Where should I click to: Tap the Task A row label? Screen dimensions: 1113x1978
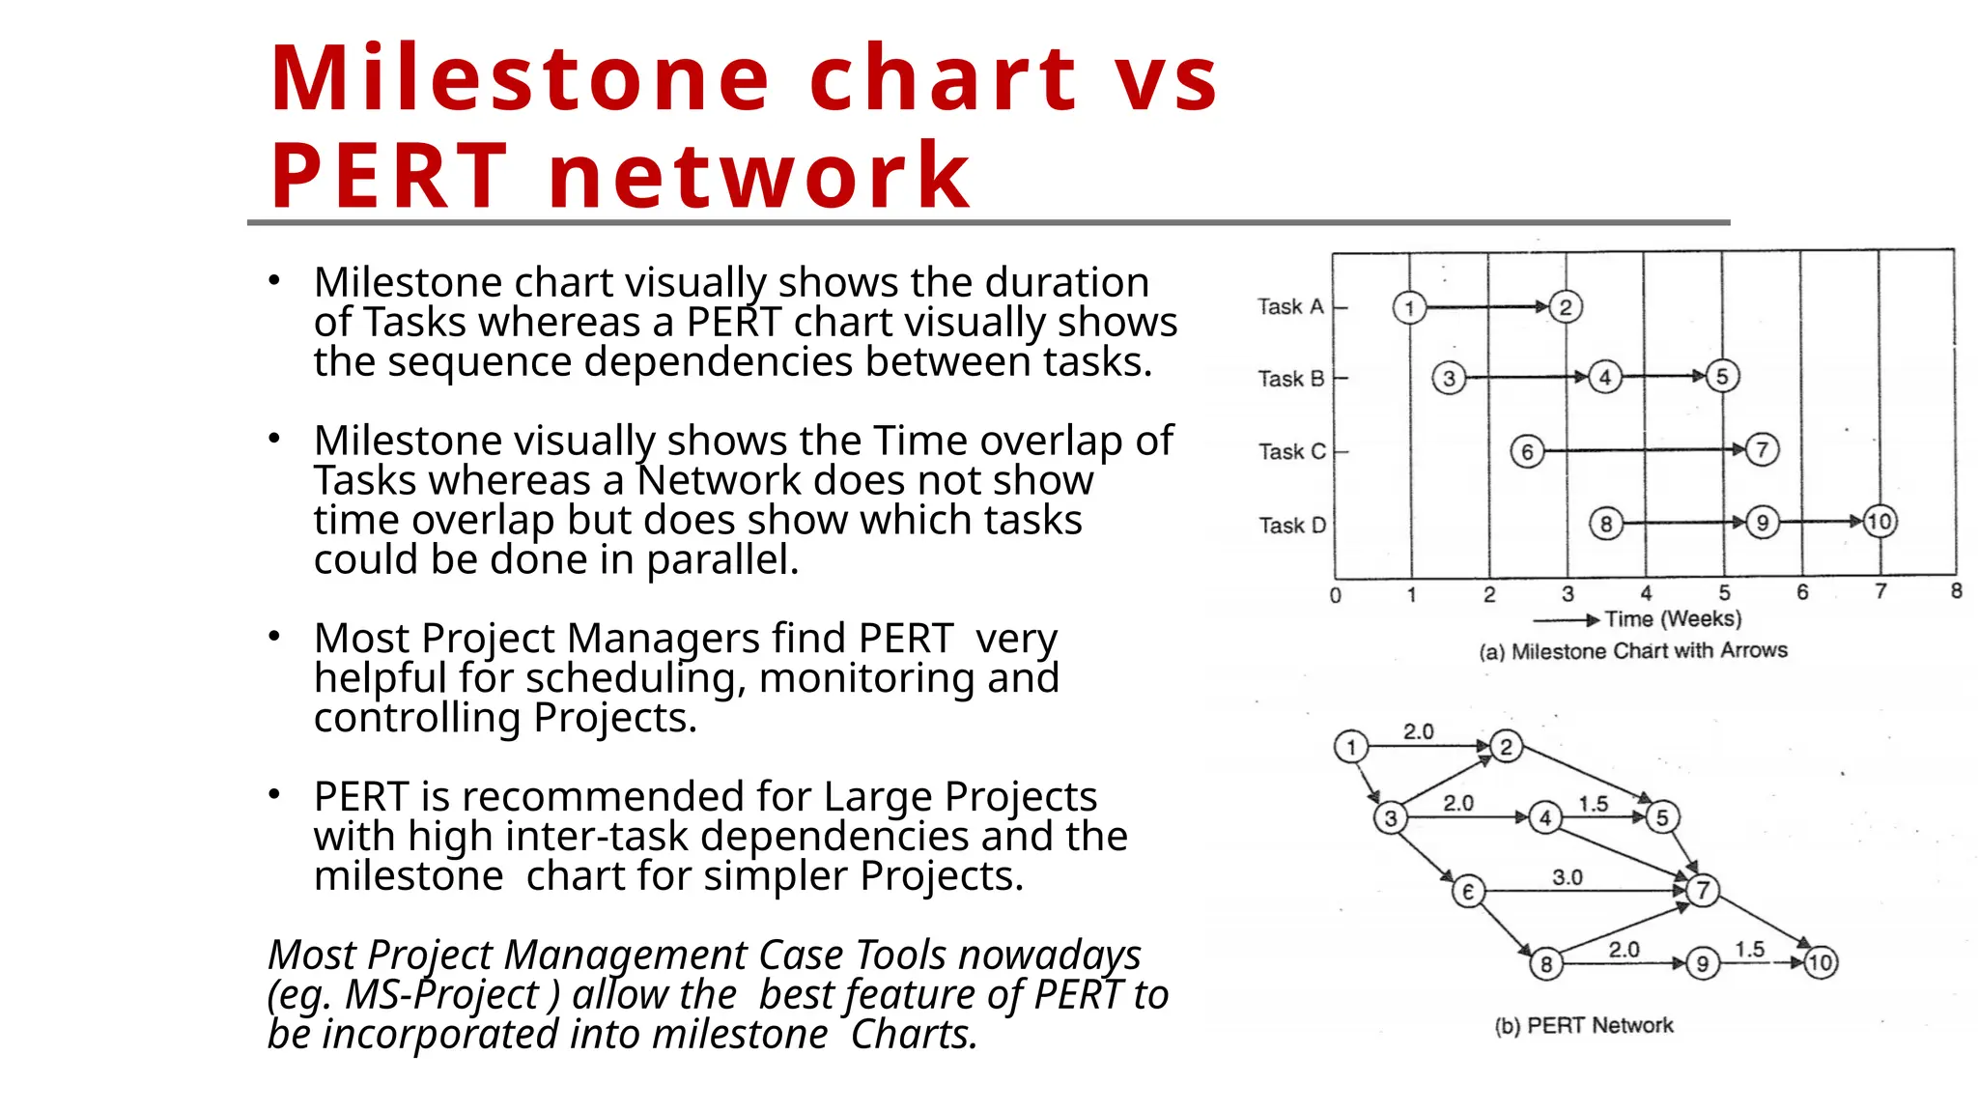[x=1290, y=307]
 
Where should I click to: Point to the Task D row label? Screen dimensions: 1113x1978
[x=1292, y=526]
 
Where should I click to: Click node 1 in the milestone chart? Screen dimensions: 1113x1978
[x=1409, y=308]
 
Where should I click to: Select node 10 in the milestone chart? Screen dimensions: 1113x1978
[x=1879, y=522]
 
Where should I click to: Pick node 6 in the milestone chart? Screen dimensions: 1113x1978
[x=1527, y=451]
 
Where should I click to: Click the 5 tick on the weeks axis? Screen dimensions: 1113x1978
[x=1724, y=593]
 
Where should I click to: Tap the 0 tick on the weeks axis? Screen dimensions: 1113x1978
[x=1336, y=595]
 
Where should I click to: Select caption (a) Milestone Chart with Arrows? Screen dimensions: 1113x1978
[x=1632, y=651]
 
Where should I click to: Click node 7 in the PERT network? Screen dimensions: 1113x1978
[x=1703, y=890]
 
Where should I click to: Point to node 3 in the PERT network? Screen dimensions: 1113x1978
[x=1391, y=818]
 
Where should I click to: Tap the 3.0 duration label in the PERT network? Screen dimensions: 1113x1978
[x=1568, y=877]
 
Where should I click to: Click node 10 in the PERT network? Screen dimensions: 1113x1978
[x=1821, y=962]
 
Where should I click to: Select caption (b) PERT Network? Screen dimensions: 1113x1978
[x=1584, y=1025]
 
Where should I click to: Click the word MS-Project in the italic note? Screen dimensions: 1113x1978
[x=441, y=995]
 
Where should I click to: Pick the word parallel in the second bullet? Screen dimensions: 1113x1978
[x=721, y=559]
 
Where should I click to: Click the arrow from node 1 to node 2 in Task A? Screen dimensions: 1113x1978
[x=1487, y=307]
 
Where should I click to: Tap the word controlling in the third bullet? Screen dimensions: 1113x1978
[x=418, y=718]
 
